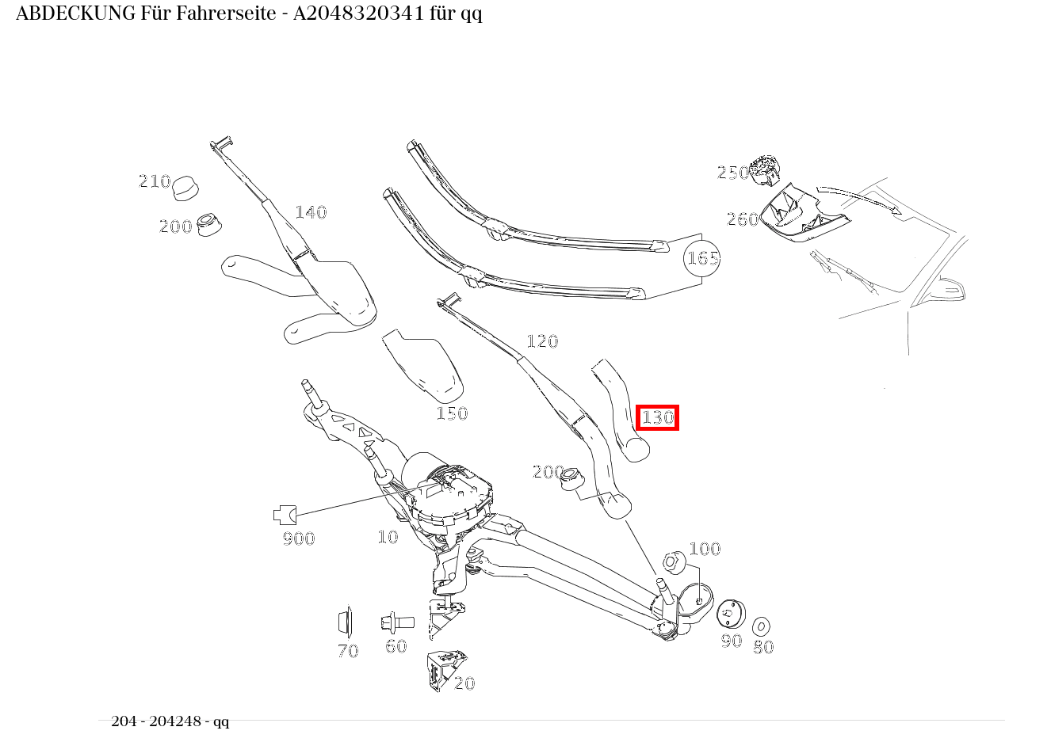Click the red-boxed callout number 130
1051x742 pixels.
point(657,417)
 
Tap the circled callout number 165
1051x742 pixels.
point(702,258)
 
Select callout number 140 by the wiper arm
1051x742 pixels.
point(311,212)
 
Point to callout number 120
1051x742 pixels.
point(542,341)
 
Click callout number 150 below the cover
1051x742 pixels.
point(452,413)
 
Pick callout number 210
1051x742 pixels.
point(155,181)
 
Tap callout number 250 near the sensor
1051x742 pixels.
point(732,173)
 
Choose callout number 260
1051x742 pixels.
point(743,219)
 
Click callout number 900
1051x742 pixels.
point(299,538)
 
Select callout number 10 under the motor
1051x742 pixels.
point(388,537)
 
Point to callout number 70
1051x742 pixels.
point(348,651)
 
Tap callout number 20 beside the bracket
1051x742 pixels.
point(464,683)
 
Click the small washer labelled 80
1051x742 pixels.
point(761,626)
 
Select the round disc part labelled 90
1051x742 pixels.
point(730,614)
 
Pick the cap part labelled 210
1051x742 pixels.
point(185,188)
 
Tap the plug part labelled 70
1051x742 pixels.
point(345,622)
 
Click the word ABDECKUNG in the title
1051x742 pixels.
point(75,13)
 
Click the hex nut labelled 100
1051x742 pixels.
point(673,561)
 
